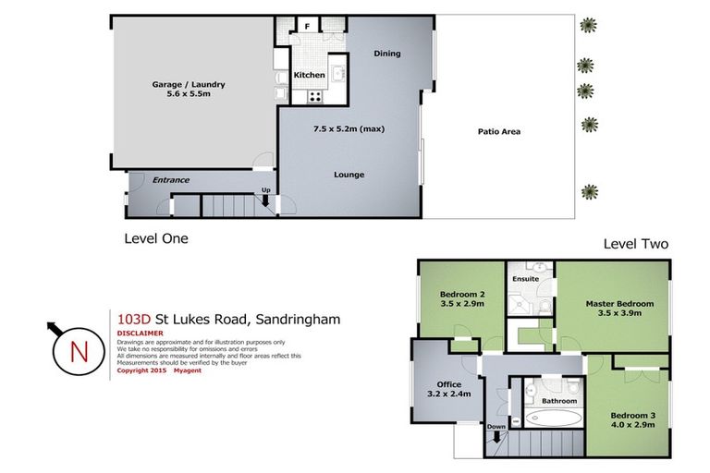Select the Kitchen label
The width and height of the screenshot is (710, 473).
pos(309,75)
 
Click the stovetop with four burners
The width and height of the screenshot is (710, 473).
pos(315,93)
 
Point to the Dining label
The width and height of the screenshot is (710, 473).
pos(387,54)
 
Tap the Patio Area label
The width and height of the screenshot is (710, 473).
pos(498,131)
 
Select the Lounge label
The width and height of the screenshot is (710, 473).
pos(349,175)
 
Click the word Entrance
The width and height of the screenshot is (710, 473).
pos(170,180)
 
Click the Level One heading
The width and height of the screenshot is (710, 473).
pos(156,238)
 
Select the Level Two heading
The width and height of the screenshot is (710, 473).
pos(635,245)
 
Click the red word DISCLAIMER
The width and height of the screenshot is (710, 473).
pos(141,334)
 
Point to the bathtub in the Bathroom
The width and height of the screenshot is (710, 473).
pos(552,418)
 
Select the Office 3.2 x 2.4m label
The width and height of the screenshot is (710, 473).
pos(447,389)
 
